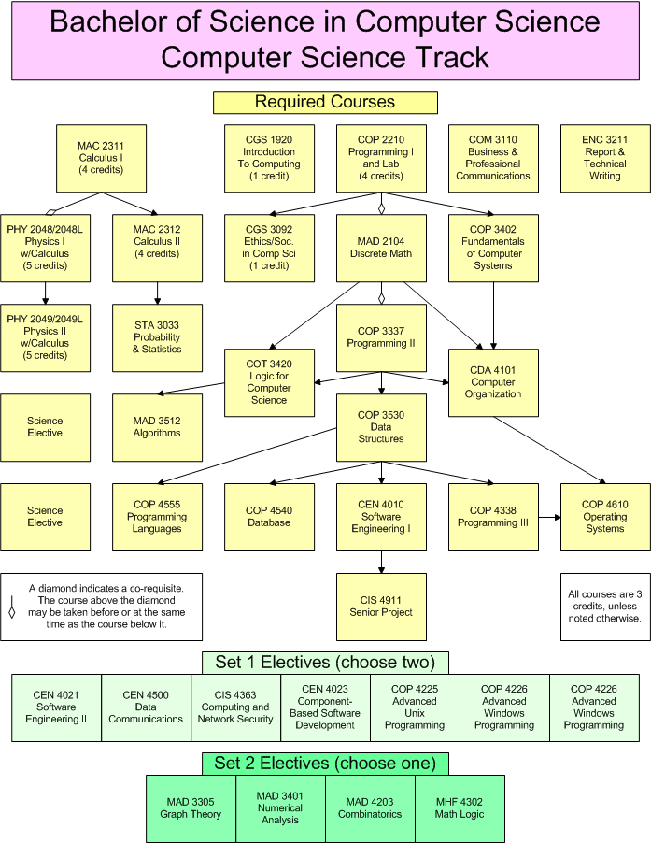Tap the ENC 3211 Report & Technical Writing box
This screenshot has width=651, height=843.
tap(605, 158)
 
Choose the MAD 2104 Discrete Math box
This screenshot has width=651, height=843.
tap(381, 248)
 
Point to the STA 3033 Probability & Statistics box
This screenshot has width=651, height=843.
tap(157, 337)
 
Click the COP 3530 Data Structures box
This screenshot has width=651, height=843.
tap(381, 426)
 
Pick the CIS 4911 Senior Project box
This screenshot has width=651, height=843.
tap(381, 607)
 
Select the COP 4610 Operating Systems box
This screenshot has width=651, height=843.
tap(605, 517)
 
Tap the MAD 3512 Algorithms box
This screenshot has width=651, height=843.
tap(157, 426)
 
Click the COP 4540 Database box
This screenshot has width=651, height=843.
tap(268, 517)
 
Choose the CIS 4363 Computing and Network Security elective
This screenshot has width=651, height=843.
tap(235, 707)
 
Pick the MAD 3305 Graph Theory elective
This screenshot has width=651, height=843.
tap(191, 808)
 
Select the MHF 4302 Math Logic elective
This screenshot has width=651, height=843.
tap(460, 808)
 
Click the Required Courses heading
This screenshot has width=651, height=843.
tap(325, 102)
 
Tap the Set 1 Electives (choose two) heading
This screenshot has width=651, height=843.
tap(325, 663)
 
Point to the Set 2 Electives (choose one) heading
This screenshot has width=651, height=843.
tap(325, 764)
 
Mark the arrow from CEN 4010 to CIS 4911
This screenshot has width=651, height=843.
tap(381, 561)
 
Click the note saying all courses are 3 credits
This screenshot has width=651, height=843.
tap(605, 607)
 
